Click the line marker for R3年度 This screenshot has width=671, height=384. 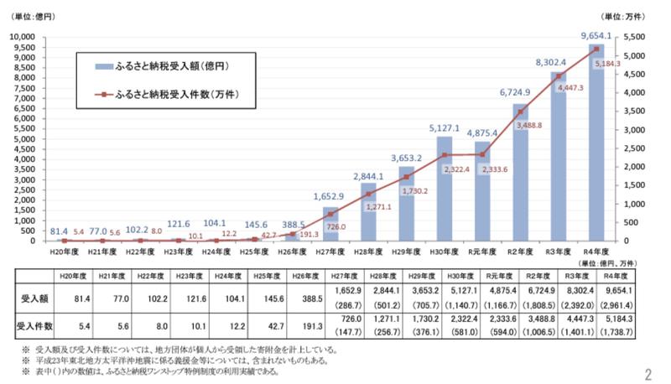tap(558, 76)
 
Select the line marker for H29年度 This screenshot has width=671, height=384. tap(406, 177)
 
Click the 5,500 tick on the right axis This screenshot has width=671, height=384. tap(638, 37)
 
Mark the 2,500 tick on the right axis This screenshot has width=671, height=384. tap(638, 148)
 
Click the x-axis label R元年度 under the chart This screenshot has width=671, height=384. tap(481, 251)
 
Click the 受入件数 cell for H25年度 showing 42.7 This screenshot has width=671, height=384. tap(252, 324)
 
